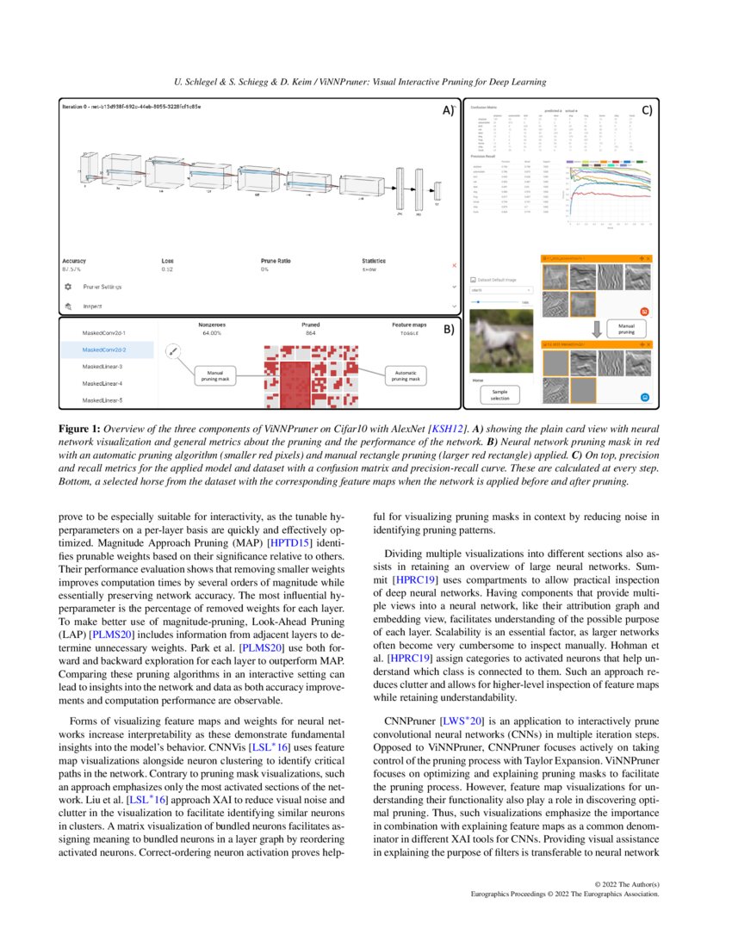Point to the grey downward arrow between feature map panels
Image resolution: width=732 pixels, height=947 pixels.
[594, 328]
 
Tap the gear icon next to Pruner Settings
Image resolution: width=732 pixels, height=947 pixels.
[67, 286]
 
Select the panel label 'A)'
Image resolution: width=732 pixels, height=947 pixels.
[448, 111]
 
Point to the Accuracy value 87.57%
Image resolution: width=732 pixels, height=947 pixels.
[74, 269]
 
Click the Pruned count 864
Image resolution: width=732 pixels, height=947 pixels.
[310, 332]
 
